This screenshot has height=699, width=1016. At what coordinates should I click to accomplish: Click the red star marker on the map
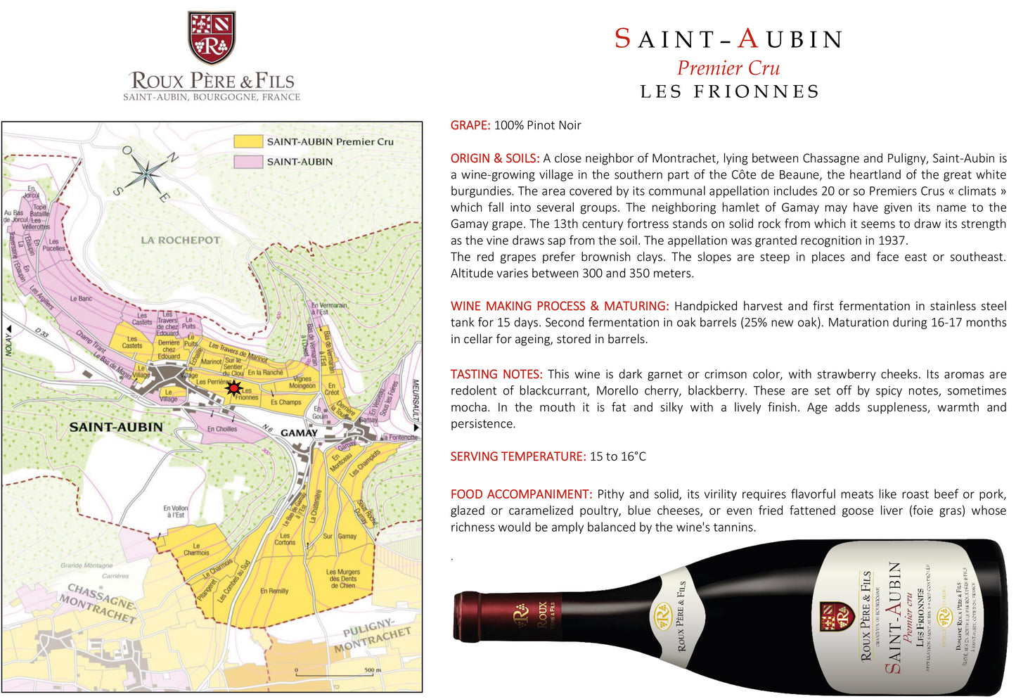[233, 387]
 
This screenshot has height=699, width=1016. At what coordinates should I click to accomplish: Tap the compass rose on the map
[146, 172]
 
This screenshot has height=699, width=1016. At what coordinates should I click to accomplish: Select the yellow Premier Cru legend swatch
[247, 141]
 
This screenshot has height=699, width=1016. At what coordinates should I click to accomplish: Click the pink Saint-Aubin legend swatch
[247, 162]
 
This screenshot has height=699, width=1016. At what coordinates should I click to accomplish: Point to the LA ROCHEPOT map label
[180, 240]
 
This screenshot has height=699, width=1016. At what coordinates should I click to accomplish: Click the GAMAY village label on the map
[299, 432]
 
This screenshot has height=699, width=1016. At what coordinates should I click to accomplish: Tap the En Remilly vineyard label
[274, 591]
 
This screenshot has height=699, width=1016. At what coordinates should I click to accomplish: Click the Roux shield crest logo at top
[211, 37]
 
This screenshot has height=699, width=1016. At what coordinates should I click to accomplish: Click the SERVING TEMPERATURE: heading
[518, 456]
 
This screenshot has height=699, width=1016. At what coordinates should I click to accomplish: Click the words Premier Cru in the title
[728, 68]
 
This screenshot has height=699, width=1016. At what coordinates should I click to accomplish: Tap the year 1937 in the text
[892, 241]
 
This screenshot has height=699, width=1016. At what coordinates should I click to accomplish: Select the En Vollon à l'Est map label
[175, 511]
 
